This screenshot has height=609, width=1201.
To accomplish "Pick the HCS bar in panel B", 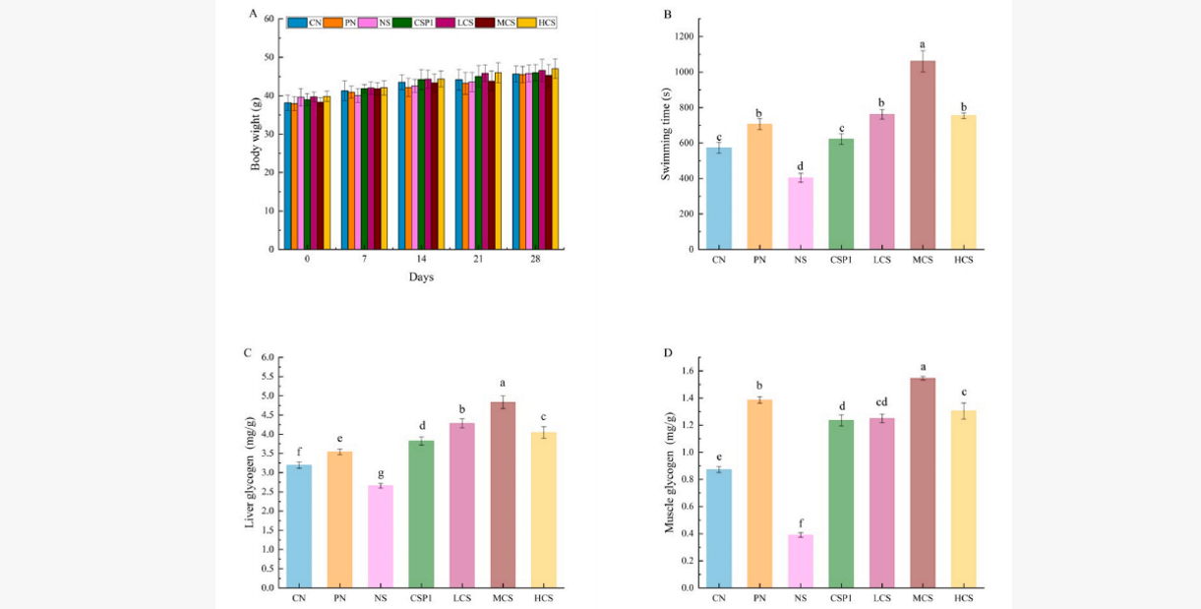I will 963,182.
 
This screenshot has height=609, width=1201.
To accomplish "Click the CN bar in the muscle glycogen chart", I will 718,527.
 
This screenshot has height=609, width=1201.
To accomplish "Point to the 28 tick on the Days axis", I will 535,259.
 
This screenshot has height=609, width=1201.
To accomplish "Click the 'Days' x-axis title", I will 421,276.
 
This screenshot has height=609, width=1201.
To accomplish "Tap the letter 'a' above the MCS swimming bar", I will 923,44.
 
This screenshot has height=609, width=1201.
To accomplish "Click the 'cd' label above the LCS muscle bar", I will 881,401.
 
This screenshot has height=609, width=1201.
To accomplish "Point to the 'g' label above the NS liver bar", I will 380,471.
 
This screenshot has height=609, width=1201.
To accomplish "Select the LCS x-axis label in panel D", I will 881,597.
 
